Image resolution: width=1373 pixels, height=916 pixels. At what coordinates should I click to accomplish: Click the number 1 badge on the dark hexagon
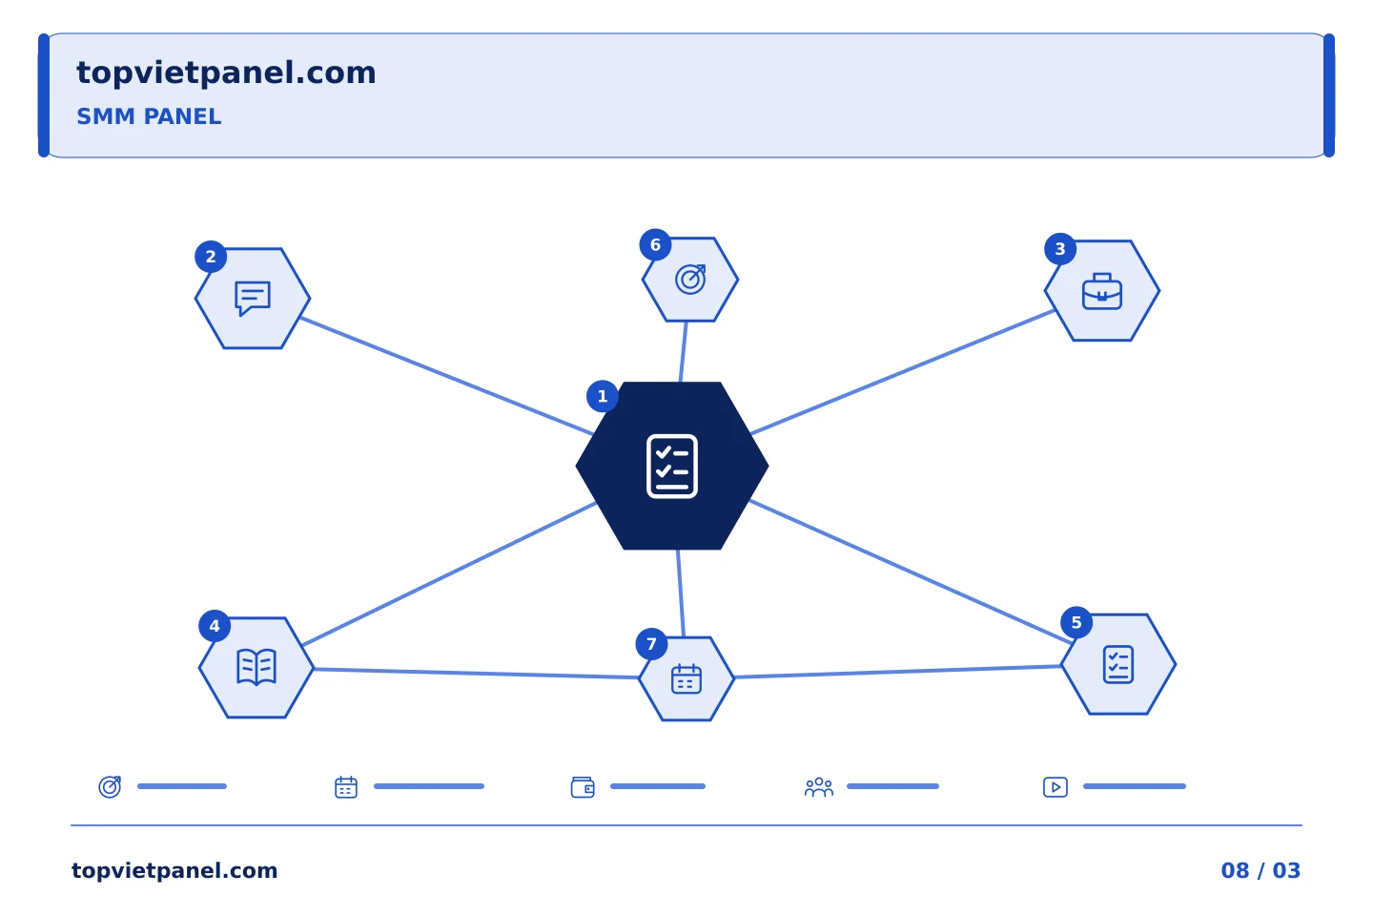coord(602,396)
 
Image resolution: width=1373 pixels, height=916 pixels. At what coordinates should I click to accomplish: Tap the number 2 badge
coord(211,257)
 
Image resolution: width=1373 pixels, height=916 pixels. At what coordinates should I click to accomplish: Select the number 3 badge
coord(1060,249)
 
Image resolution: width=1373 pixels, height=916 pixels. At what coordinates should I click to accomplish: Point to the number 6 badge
coord(655,245)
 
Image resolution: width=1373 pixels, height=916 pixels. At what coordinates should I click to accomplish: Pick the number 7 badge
coord(651,644)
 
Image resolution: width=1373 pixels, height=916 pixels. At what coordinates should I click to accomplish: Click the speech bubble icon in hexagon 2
coord(253,298)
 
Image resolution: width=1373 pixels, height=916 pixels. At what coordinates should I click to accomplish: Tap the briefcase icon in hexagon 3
coord(1101,291)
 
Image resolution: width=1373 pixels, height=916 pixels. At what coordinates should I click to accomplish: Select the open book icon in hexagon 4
coord(256,667)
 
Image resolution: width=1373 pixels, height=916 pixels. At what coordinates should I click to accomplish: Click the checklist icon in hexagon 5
coord(1118,664)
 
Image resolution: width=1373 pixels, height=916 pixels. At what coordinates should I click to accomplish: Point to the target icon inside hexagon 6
coord(690,280)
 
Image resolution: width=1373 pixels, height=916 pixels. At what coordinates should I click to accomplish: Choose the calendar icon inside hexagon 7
coord(686,678)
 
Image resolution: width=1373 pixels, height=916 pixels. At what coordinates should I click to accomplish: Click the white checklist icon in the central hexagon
coord(672,467)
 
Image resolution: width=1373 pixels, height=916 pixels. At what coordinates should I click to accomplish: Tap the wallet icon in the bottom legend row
coord(583,787)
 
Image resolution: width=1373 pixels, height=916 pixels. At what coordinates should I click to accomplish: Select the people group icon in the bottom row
coord(819,787)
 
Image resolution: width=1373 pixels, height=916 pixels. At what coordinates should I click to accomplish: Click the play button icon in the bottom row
coord(1055,787)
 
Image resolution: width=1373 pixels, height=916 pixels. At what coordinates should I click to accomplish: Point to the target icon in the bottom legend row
coord(110,787)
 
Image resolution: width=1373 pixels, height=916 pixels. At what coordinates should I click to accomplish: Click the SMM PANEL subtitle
coord(149,116)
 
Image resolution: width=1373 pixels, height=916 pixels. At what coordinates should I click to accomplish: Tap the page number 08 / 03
coord(1260,870)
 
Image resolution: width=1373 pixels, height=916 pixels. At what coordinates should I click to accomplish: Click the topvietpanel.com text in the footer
coord(174,871)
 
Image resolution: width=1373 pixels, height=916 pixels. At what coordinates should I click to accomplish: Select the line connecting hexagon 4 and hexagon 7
coord(477,673)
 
